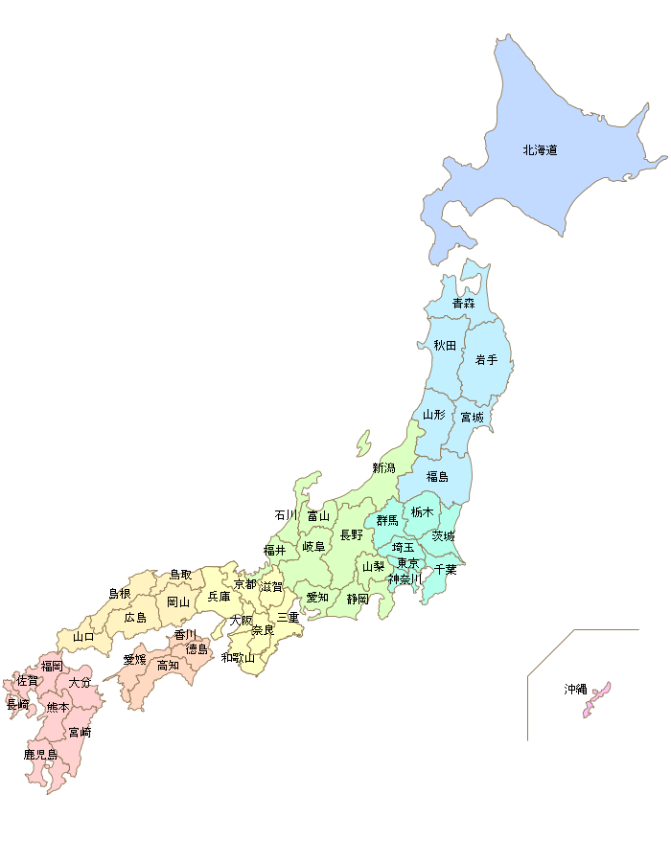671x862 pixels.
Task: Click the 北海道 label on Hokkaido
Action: click(x=541, y=150)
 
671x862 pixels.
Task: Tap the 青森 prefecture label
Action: click(x=464, y=303)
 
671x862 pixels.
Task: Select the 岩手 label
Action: click(x=486, y=360)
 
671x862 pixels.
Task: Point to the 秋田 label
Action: click(x=445, y=345)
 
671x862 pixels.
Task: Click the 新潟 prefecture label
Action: click(x=383, y=467)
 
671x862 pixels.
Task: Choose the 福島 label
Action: click(x=437, y=476)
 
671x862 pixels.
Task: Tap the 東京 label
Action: click(x=407, y=563)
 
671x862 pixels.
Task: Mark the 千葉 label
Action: click(x=445, y=569)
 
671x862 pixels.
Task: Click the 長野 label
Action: click(x=352, y=534)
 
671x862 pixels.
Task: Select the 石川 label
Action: click(x=286, y=514)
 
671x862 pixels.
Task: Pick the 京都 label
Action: click(x=245, y=583)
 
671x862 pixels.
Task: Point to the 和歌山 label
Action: click(x=238, y=657)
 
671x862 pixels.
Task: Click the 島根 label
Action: click(x=119, y=594)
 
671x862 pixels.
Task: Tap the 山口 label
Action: click(x=83, y=636)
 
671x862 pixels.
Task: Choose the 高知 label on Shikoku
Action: click(x=168, y=665)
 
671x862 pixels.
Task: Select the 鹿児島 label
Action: click(x=40, y=755)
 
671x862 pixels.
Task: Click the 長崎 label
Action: click(x=17, y=704)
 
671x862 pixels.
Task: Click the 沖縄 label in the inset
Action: click(x=575, y=689)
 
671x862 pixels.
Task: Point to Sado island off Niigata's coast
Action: click(x=362, y=442)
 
